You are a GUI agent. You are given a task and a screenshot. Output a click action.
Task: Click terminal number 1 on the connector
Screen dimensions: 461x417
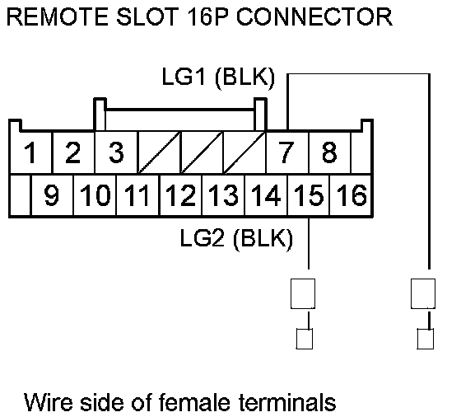30,152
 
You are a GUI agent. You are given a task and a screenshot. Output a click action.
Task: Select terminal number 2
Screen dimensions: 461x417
73,152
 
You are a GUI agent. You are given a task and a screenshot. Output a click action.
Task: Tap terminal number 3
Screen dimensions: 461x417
116,152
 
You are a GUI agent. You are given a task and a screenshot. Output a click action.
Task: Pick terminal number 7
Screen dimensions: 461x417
286,152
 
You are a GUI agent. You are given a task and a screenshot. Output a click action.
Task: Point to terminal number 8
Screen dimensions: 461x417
329,152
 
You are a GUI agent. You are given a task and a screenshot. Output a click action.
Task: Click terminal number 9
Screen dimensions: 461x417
51,194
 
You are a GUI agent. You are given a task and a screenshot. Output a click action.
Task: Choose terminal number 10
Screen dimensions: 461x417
95,194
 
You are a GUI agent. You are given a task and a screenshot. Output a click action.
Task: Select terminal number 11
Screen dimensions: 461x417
137,194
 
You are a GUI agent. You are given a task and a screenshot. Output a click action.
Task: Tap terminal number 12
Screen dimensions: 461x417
180,194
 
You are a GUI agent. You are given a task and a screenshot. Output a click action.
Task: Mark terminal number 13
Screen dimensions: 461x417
223,194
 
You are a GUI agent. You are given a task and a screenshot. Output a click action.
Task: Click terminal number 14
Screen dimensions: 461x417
266,194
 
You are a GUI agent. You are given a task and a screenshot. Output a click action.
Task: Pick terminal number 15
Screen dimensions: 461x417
309,194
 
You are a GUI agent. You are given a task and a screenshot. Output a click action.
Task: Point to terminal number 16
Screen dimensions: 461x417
352,194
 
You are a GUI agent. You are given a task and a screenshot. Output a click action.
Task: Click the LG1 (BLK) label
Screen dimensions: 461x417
218,77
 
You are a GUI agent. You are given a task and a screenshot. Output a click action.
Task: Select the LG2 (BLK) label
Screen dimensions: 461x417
236,238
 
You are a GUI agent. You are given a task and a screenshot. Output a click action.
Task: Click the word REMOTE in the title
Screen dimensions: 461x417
58,16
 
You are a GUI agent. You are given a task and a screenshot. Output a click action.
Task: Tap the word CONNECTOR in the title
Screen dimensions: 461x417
314,16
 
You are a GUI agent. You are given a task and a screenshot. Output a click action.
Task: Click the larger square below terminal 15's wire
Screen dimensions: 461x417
303,293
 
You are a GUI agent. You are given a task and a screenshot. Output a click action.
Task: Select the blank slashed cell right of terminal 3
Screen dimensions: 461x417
159,152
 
